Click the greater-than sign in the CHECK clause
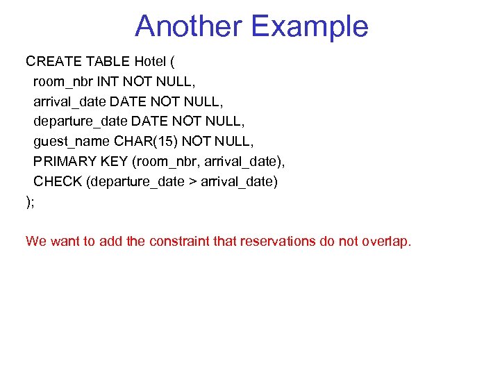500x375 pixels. (x=192, y=182)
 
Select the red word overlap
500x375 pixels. (x=387, y=242)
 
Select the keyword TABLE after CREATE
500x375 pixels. (x=104, y=60)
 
